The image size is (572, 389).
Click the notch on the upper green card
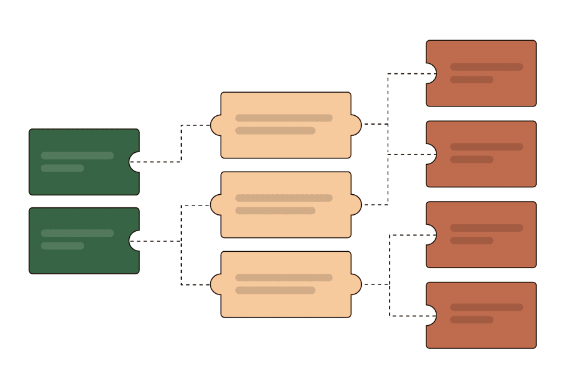(134, 162)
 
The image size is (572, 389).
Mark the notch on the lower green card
(134, 241)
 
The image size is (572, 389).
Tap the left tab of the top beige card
(216, 125)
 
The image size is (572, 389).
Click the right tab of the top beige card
(356, 125)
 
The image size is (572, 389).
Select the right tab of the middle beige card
(356, 205)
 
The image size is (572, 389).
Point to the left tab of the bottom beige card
(216, 284)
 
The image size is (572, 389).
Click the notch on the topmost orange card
(431, 73)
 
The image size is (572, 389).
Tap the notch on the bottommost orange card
(431, 315)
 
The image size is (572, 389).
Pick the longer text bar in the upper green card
(77, 155)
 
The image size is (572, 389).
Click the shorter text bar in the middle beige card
(275, 210)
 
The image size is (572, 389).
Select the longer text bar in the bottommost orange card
(486, 308)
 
